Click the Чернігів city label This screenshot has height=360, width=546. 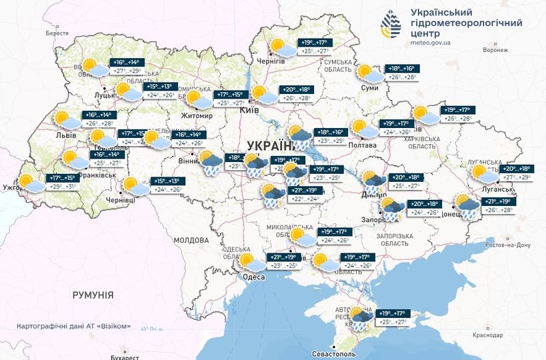point(272,61)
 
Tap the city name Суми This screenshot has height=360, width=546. point(370,87)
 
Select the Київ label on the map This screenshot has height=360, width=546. point(249,109)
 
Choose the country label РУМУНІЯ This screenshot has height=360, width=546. point(93,295)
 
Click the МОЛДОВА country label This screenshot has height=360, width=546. point(191,240)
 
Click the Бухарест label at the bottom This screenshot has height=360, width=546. point(98,357)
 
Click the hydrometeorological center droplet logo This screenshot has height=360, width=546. point(392,25)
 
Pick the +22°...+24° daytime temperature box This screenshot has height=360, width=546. point(306,199)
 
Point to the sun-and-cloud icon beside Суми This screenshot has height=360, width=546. point(369,74)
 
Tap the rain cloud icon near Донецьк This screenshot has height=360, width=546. point(465,205)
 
